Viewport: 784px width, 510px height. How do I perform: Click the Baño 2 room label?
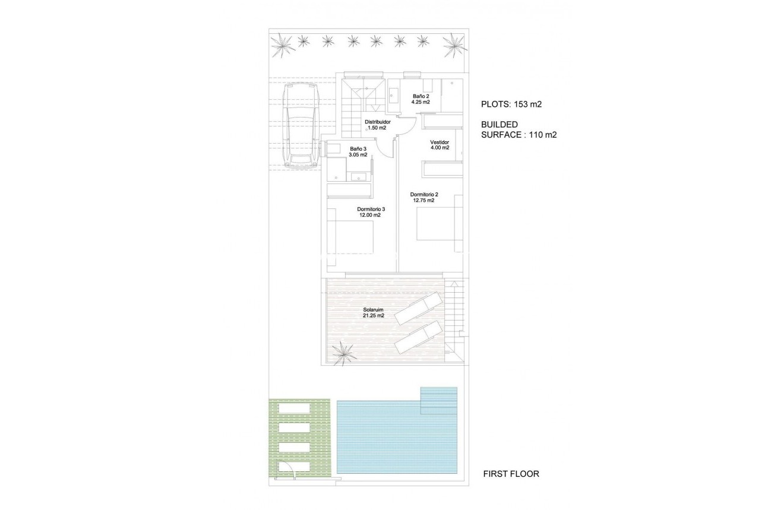pos(421,96)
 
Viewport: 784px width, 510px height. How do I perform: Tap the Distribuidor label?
pos(377,122)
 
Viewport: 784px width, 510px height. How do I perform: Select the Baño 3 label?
pos(358,148)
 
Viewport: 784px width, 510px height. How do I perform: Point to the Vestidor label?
pos(440,142)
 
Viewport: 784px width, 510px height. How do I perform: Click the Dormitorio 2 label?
pos(423,194)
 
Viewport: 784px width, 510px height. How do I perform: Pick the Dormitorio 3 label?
pos(371,208)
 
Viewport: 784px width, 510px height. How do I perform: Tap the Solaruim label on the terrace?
pos(373,309)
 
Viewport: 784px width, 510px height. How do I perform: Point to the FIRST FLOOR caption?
pos(511,474)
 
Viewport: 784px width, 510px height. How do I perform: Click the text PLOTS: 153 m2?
pos(512,104)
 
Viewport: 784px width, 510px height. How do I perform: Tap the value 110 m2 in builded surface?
pos(543,135)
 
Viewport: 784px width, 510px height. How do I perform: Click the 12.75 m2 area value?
pos(423,201)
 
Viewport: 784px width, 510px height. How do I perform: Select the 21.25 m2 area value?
pos(373,316)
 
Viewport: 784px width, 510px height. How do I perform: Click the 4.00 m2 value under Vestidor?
pos(440,148)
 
